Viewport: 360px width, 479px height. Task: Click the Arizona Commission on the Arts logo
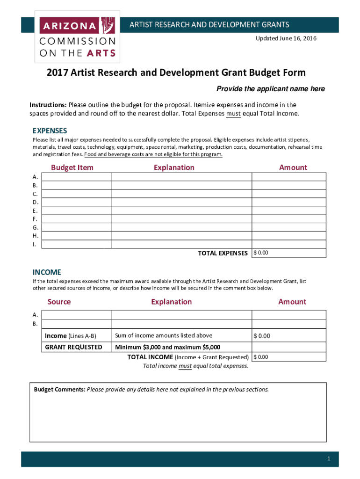[77, 37]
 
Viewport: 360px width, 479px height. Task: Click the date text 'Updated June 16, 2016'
[286, 38]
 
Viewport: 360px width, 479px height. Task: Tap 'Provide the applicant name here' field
[270, 89]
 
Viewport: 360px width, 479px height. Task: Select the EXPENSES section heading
[50, 131]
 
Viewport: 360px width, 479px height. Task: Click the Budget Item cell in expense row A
[77, 176]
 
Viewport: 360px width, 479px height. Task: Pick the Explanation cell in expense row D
[181, 202]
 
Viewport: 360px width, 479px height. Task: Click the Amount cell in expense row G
[288, 227]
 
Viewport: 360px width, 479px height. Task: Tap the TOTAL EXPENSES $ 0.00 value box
[288, 253]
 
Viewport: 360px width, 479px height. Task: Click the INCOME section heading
[46, 272]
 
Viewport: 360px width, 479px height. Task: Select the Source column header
[59, 302]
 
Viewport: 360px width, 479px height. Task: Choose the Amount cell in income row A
[288, 315]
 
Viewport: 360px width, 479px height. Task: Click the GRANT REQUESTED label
[73, 347]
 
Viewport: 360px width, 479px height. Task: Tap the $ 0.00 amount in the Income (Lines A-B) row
[262, 336]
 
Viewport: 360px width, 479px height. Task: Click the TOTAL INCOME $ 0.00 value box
[288, 357]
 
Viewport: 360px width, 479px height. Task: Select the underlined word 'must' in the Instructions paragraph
[233, 114]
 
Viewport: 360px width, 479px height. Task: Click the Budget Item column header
[72, 167]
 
